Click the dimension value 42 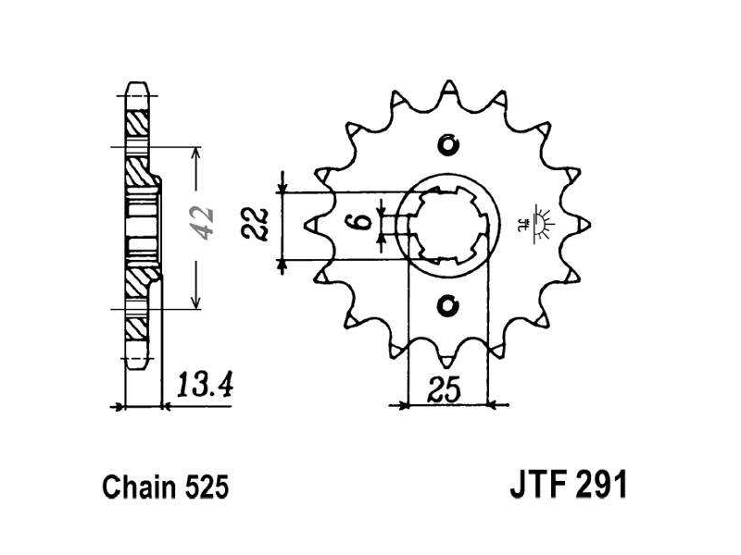click(x=202, y=223)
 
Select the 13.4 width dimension click(x=205, y=385)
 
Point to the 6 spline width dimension click(x=362, y=221)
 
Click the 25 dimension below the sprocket click(x=444, y=389)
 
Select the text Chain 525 click(x=166, y=487)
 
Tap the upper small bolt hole click(x=447, y=144)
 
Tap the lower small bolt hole click(x=447, y=306)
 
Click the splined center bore click(x=447, y=226)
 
